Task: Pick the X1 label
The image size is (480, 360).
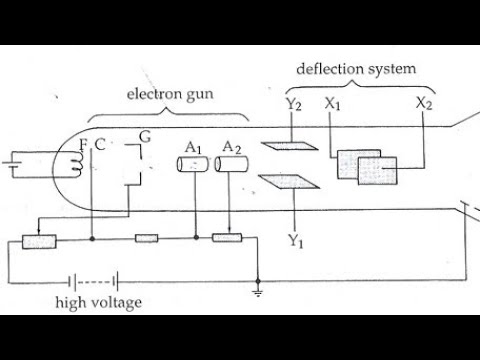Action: pyautogui.click(x=335, y=104)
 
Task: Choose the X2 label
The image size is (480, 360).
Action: pyautogui.click(x=424, y=104)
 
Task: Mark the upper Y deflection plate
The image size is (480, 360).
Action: pyautogui.click(x=283, y=144)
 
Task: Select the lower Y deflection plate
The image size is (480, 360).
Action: pyautogui.click(x=283, y=183)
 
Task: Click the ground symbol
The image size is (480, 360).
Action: pyautogui.click(x=259, y=292)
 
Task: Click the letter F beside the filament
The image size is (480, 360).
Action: pyautogui.click(x=84, y=147)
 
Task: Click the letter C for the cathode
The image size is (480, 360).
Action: pyautogui.click(x=100, y=147)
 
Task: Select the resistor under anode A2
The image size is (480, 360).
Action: pyautogui.click(x=228, y=239)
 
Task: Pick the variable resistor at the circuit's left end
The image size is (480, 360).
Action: pyautogui.click(x=40, y=240)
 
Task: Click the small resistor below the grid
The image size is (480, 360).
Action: pyautogui.click(x=146, y=239)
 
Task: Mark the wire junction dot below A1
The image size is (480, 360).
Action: pyautogui.click(x=196, y=239)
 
